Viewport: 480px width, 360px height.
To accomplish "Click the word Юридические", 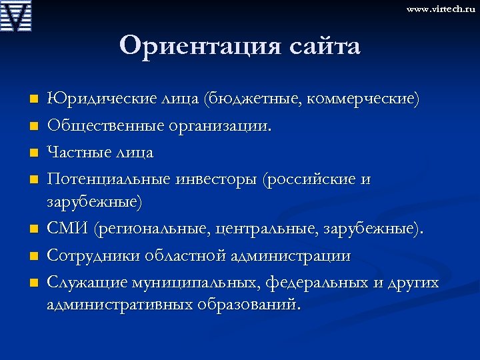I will (98, 99).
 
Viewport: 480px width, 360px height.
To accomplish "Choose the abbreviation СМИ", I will (68, 229).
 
